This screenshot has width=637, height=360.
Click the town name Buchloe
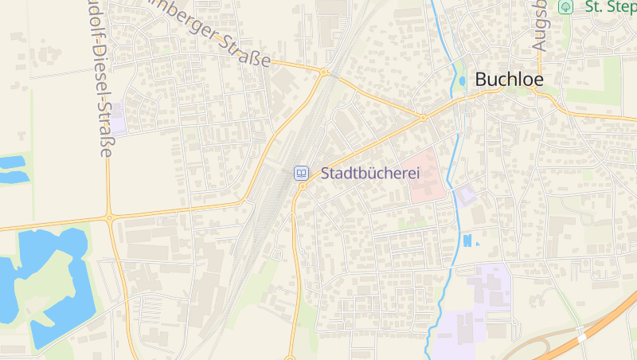click(509, 80)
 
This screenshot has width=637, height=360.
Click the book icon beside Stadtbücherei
click(302, 172)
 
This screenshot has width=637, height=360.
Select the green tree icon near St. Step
click(565, 7)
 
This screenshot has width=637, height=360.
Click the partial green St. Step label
click(610, 7)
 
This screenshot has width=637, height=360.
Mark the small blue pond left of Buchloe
click(463, 81)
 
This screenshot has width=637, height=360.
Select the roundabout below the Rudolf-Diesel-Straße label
click(109, 217)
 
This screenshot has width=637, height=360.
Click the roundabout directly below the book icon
click(302, 187)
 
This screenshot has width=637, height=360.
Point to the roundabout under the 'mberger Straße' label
click(323, 72)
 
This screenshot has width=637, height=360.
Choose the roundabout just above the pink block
click(424, 118)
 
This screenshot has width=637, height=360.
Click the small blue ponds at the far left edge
click(11, 169)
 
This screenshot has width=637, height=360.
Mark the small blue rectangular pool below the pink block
click(467, 240)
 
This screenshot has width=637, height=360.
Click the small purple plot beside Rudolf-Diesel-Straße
click(118, 119)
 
